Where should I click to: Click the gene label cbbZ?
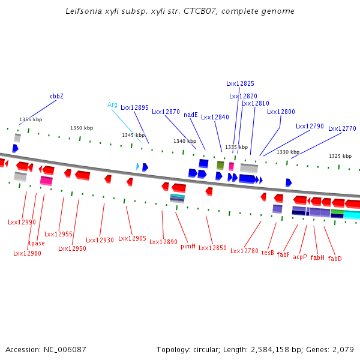pyautogui.click(x=56, y=96)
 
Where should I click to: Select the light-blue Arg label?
pyautogui.click(x=112, y=104)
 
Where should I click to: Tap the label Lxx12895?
pyautogui.click(x=134, y=108)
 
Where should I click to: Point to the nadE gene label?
pyautogui.click(x=191, y=115)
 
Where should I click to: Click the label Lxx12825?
pyautogui.click(x=240, y=84)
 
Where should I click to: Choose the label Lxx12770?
pyautogui.click(x=342, y=128)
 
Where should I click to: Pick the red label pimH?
pyautogui.click(x=188, y=246)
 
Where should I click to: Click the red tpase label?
pyautogui.click(x=37, y=243)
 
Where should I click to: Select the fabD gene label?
pyautogui.click(x=335, y=259)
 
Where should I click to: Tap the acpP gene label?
pyautogui.click(x=299, y=257)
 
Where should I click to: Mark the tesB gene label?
pyautogui.click(x=268, y=253)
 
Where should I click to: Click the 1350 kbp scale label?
pyautogui.click(x=82, y=128)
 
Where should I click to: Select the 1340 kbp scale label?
pyautogui.click(x=185, y=141)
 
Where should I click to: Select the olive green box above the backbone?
pyautogui.click(x=220, y=165)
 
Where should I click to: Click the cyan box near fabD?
pyautogui.click(x=352, y=214)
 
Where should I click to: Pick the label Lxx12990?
pyautogui.click(x=22, y=222)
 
